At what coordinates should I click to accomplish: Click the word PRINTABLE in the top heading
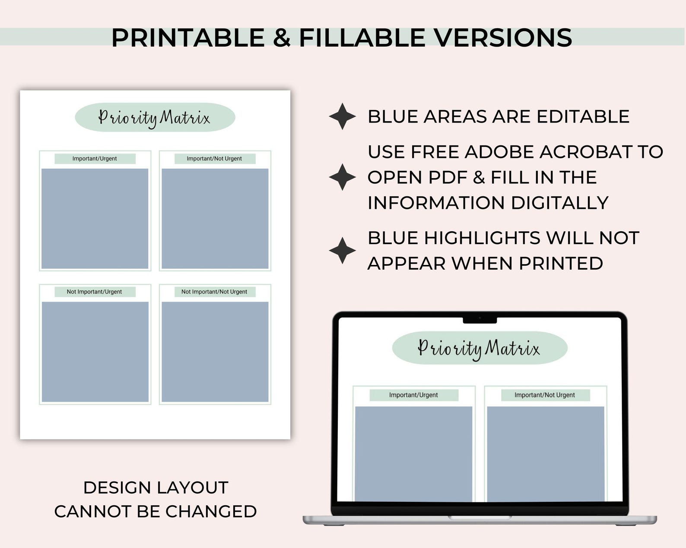[x=188, y=38]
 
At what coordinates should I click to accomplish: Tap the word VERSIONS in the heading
[x=503, y=38]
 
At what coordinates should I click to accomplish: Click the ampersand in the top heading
[x=282, y=38]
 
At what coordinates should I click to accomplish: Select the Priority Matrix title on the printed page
[x=155, y=117]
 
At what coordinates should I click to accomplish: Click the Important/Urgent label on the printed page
[x=95, y=159]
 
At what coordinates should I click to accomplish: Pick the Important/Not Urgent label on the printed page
[x=214, y=159]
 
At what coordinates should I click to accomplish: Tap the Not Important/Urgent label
[x=95, y=292]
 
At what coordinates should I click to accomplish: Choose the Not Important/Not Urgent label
[x=214, y=292]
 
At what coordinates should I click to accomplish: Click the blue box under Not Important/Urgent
[x=95, y=352]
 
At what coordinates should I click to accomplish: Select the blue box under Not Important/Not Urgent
[x=215, y=352]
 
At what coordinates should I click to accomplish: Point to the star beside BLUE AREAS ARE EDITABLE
[x=342, y=117]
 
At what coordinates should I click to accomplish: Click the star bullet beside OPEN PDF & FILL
[x=342, y=177]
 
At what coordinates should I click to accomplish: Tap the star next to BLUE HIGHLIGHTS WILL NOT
[x=342, y=250]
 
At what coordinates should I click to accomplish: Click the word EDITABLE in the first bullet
[x=583, y=117]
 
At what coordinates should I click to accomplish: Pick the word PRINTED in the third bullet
[x=561, y=263]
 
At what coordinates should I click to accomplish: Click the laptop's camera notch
[x=480, y=319]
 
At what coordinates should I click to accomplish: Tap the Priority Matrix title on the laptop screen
[x=479, y=348]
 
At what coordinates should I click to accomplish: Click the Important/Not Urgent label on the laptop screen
[x=545, y=395]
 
